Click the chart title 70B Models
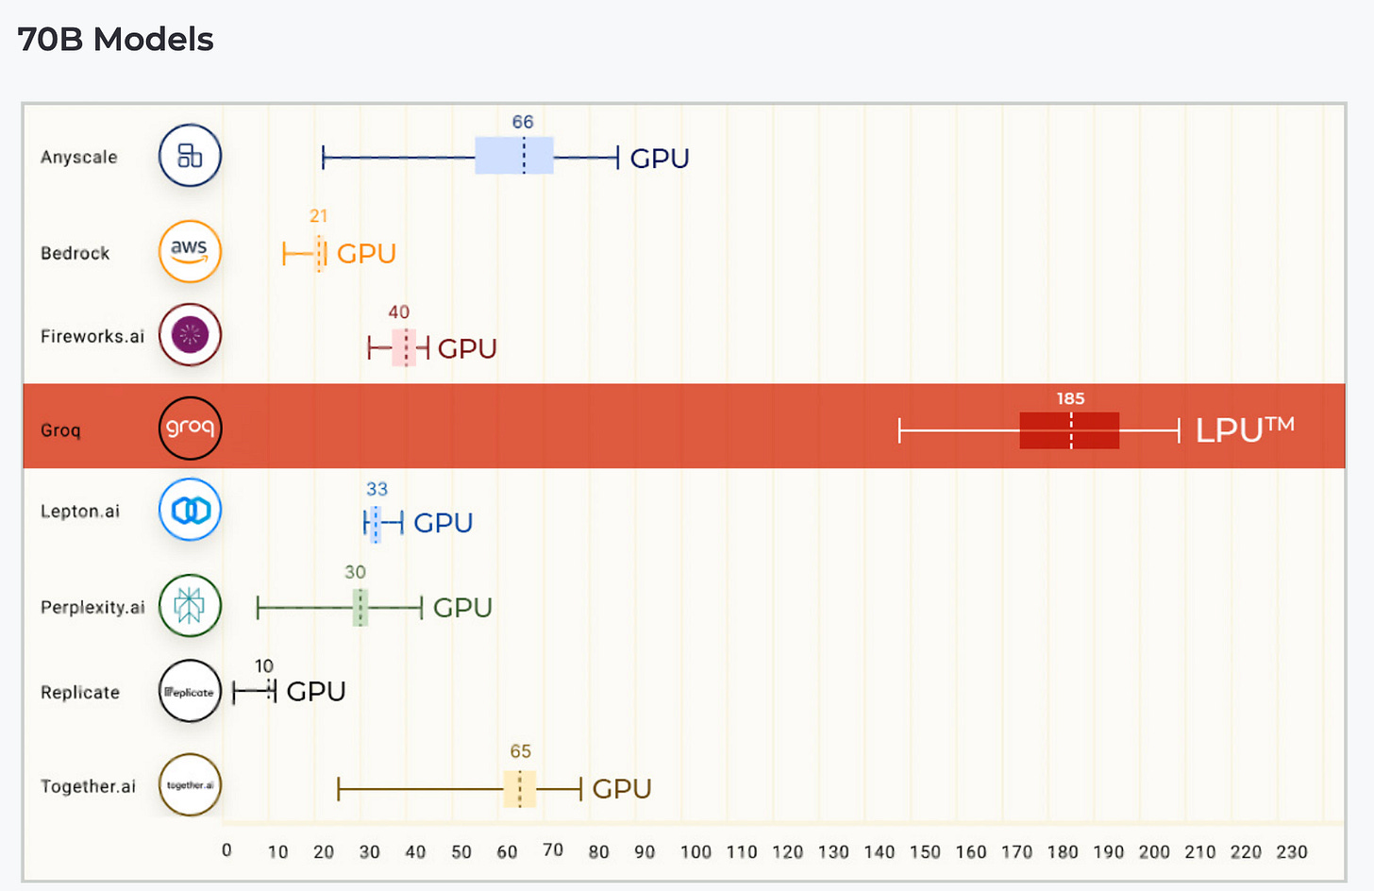click(115, 40)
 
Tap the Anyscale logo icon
click(190, 156)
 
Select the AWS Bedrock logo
click(190, 251)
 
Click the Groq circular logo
click(190, 428)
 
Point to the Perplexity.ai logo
click(190, 606)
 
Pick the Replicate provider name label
click(80, 692)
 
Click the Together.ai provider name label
click(88, 786)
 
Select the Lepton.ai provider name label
click(80, 512)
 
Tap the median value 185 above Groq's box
click(1070, 398)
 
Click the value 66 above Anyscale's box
click(523, 122)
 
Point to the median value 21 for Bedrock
click(319, 216)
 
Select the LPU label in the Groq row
click(1244, 429)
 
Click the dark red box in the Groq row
click(1069, 430)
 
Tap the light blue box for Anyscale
click(513, 156)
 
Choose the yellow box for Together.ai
click(520, 789)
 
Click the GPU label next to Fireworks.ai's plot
click(467, 349)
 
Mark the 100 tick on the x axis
click(695, 851)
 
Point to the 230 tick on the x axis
click(1292, 851)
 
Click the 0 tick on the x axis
click(226, 850)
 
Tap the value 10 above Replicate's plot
click(264, 666)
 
